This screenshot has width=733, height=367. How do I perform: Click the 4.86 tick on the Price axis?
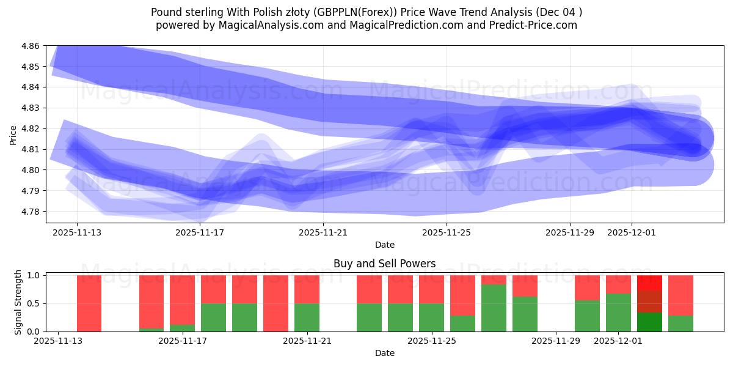(31, 46)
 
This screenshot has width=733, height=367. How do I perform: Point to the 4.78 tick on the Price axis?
(31, 212)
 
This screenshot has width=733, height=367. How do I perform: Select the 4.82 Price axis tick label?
(31, 128)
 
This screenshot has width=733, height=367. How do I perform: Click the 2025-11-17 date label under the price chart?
(200, 232)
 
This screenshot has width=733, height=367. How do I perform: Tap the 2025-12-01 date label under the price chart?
(632, 232)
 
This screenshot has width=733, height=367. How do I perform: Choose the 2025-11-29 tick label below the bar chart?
(556, 341)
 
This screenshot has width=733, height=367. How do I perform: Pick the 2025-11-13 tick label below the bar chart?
(58, 341)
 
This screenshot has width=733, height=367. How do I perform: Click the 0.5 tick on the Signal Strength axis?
(35, 303)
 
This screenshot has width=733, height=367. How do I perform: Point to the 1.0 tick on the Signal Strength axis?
(35, 275)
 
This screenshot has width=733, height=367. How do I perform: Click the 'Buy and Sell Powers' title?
(384, 264)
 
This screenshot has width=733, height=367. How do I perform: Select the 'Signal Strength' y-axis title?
(18, 303)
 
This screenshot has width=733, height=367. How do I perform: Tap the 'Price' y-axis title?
(13, 135)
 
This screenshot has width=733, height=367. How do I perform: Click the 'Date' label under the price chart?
(384, 245)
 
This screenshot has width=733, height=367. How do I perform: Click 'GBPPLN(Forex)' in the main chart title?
(349, 12)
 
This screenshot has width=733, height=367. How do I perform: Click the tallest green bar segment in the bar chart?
(494, 308)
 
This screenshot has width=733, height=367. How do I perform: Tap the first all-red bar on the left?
(89, 303)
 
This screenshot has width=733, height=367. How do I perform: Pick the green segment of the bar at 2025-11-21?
(307, 317)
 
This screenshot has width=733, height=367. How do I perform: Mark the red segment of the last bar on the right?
(680, 295)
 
